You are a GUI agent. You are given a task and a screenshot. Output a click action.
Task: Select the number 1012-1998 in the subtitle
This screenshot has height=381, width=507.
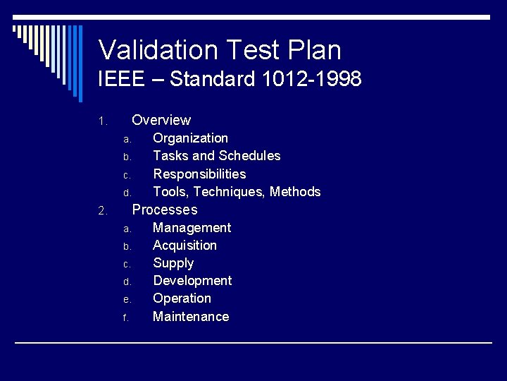pos(311,79)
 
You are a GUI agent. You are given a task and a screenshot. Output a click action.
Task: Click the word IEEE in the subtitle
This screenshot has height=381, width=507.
pos(121,79)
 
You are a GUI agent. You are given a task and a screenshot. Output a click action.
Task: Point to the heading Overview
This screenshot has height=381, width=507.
pos(161,120)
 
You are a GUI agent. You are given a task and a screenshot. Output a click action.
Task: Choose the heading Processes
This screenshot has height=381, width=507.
pos(165,210)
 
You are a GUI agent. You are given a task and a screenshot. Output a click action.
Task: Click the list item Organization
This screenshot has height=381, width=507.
pos(190,138)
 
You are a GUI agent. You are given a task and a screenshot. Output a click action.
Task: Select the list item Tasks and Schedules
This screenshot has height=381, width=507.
pos(216,156)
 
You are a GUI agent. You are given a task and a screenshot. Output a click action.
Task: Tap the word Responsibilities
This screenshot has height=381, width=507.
pos(199,174)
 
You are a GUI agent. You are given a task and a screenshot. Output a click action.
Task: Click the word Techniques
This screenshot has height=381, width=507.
pos(229,192)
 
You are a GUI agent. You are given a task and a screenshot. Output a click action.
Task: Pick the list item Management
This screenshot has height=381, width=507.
pos(192,228)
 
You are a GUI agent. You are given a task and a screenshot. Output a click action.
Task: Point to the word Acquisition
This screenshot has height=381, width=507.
pos(184,246)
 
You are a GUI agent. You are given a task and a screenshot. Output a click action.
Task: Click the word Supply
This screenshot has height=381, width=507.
pos(173,263)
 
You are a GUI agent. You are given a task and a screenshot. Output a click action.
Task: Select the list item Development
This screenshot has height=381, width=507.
pos(192,281)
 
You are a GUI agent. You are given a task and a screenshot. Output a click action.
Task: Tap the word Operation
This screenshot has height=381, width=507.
pos(182,298)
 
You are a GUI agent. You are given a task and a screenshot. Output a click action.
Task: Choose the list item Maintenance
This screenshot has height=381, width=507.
pos(191,317)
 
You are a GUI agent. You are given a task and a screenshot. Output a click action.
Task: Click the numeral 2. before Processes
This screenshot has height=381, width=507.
pos(102,211)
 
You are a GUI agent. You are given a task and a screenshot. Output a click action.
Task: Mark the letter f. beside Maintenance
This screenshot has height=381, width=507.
pos(125,318)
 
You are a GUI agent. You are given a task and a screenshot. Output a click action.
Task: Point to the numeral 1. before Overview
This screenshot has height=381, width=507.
pos(102,121)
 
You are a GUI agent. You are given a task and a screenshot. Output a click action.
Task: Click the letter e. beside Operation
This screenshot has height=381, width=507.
pos(127,300)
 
